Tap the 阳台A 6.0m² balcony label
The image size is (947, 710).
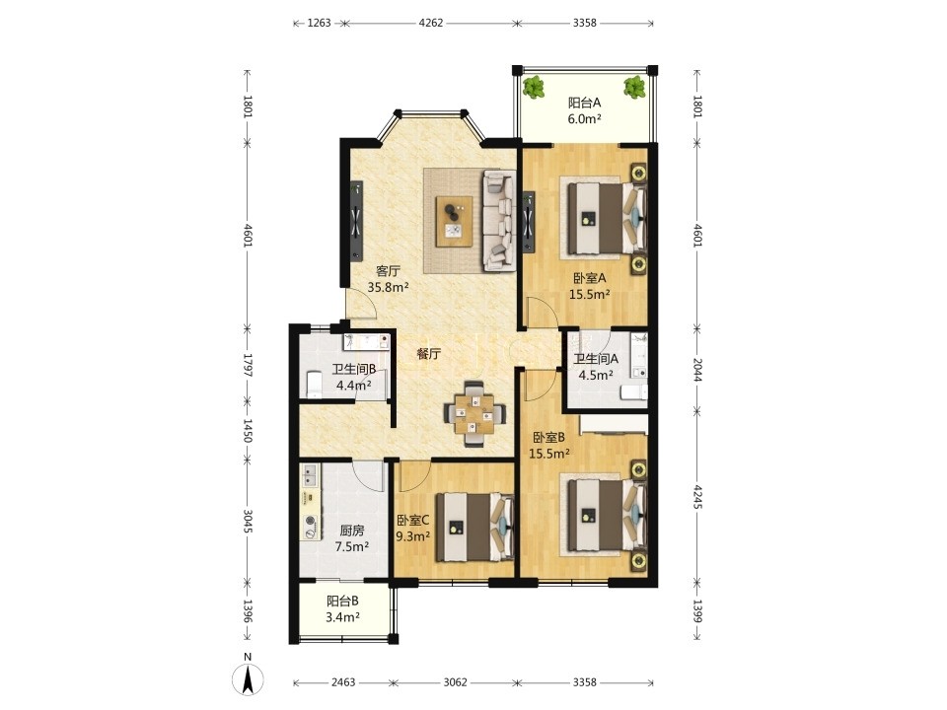pyautogui.click(x=584, y=110)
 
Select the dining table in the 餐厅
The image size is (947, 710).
pyautogui.click(x=474, y=413)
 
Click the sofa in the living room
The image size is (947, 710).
pyautogui.click(x=499, y=220)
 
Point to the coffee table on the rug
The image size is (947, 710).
pyautogui.click(x=455, y=221)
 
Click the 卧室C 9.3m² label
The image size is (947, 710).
pyautogui.click(x=413, y=527)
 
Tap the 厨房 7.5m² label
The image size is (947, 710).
pyautogui.click(x=352, y=538)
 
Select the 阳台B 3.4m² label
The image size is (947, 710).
pyautogui.click(x=343, y=608)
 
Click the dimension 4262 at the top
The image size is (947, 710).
pyautogui.click(x=431, y=23)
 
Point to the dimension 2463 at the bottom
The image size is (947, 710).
pyautogui.click(x=343, y=682)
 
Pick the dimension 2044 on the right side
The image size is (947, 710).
pyautogui.click(x=697, y=370)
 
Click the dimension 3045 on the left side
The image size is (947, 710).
pyautogui.click(x=248, y=521)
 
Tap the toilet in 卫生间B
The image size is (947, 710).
pyautogui.click(x=314, y=385)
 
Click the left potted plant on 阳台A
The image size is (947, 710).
pyautogui.click(x=533, y=88)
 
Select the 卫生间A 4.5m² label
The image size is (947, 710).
pyautogui.click(x=596, y=367)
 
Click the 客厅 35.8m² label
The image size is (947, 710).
pyautogui.click(x=389, y=279)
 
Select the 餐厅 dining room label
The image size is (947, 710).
pyautogui.click(x=429, y=354)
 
